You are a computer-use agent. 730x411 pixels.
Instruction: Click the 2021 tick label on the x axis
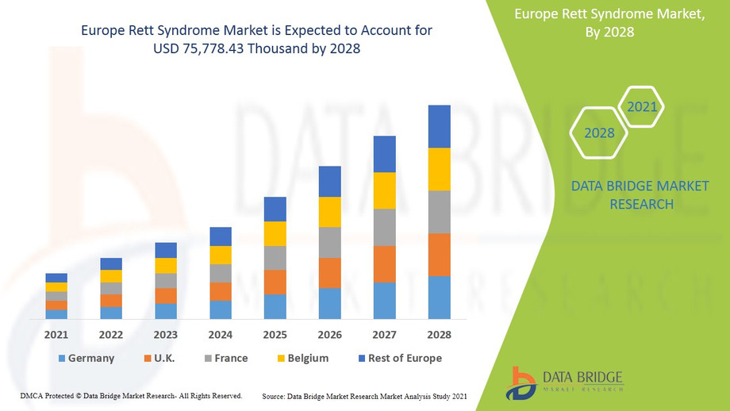click(56, 335)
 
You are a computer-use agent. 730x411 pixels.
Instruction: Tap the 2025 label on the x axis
click(275, 335)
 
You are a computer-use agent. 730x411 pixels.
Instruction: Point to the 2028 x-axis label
click(439, 335)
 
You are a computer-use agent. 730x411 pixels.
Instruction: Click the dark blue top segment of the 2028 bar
click(439, 126)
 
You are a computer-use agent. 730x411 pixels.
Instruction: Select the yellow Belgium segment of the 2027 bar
click(385, 190)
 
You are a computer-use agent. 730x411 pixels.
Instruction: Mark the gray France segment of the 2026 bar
click(330, 242)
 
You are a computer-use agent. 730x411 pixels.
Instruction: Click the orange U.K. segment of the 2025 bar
click(275, 282)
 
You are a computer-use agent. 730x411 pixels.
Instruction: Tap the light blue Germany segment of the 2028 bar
click(439, 297)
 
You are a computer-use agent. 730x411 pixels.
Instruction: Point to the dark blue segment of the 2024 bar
click(221, 236)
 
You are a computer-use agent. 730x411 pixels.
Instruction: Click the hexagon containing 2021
click(641, 106)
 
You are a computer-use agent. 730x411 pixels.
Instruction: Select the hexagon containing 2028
click(599, 133)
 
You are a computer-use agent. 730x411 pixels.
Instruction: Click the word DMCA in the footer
click(31, 395)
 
